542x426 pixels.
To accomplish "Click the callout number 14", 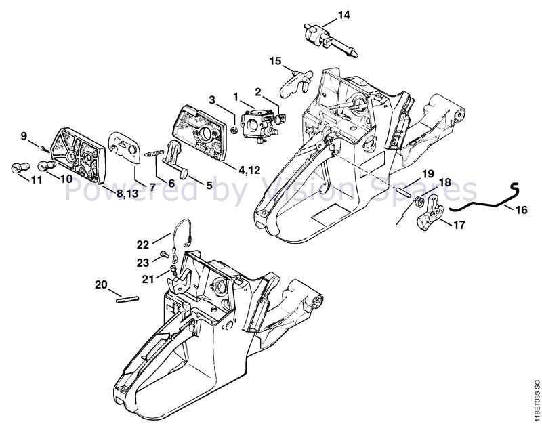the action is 343,15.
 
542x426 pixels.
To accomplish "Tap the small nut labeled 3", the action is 234,130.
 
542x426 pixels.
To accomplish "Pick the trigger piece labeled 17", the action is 430,213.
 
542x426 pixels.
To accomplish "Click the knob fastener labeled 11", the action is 20,167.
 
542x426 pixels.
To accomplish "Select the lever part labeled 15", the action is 295,83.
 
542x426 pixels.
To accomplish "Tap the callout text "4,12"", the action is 249,170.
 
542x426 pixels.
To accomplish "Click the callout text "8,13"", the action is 127,194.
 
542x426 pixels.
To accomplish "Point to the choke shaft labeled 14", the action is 331,39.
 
